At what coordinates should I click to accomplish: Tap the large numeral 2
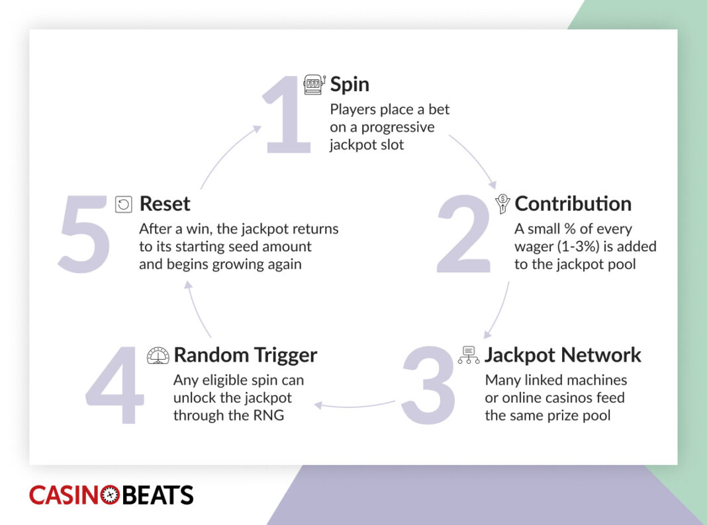tap(464, 235)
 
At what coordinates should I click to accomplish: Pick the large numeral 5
tap(84, 235)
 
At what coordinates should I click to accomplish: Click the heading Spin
tap(350, 85)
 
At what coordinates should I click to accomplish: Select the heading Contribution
tap(573, 204)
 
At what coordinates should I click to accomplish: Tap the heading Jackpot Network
tap(563, 355)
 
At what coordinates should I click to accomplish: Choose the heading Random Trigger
tap(245, 355)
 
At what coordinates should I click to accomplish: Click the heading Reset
tap(165, 204)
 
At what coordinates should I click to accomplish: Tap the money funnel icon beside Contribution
tap(502, 204)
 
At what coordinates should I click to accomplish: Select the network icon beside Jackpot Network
tap(469, 355)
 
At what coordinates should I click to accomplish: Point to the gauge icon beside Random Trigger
tap(158, 355)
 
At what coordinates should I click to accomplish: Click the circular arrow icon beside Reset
tap(124, 204)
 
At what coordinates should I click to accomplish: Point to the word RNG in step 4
tap(269, 415)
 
